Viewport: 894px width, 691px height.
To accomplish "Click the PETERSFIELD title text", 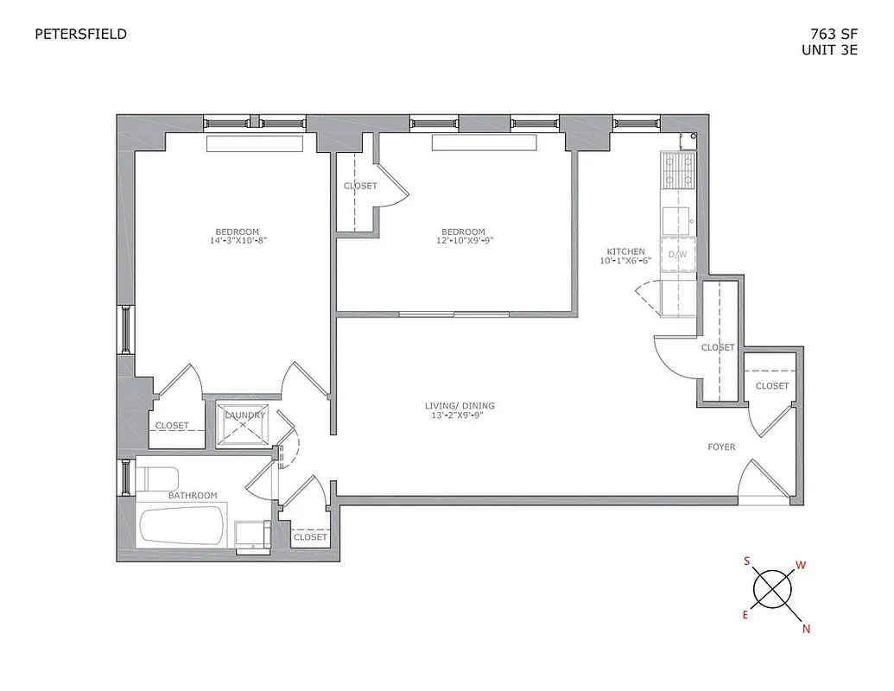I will (80, 35).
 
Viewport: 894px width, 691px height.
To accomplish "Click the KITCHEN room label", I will (625, 251).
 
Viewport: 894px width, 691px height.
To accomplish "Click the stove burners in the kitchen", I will (678, 170).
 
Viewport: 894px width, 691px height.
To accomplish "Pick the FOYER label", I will (721, 447).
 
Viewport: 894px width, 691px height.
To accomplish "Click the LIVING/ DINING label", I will (460, 406).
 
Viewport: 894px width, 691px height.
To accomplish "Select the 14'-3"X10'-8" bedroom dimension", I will (237, 241).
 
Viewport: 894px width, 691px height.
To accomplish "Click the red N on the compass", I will (806, 629).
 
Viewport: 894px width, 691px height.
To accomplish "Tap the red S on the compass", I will (746, 561).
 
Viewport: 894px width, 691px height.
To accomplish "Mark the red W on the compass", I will (801, 566).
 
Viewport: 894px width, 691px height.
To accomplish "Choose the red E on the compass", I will (745, 615).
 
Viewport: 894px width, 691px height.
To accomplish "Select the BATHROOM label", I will (193, 496).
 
